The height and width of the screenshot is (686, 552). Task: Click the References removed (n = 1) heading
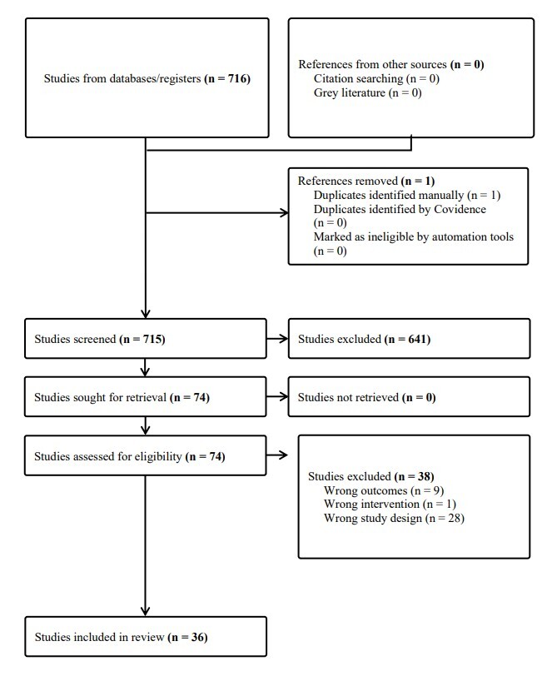[x=352, y=181]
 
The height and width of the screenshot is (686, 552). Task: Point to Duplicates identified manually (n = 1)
[x=407, y=195]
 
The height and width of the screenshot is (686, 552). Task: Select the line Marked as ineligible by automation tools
[x=414, y=237]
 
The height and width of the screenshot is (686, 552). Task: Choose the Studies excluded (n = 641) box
[x=408, y=340]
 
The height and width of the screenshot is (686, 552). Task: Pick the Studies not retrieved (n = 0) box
[x=408, y=398]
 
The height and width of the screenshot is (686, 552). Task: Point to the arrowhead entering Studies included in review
[x=147, y=611]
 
